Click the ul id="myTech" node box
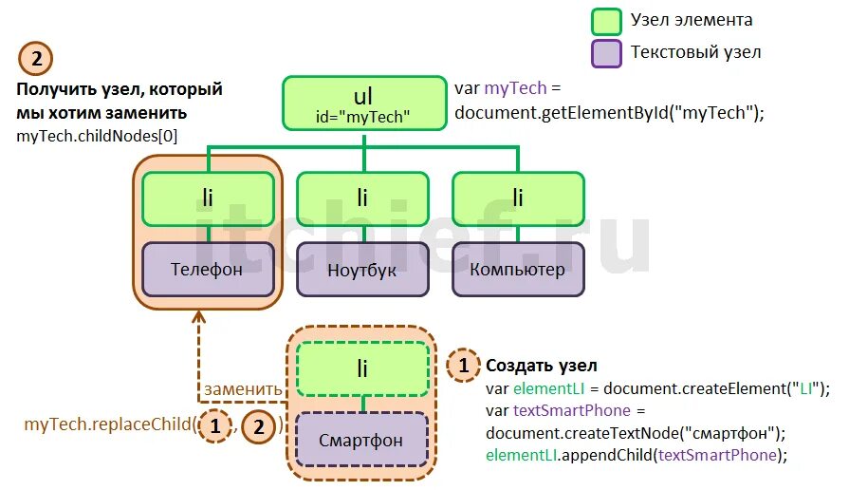[x=363, y=103]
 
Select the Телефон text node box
[x=208, y=269]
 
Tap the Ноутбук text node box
[x=361, y=269]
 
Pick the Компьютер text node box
[x=517, y=269]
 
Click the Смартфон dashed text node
[x=360, y=440]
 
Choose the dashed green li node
[x=361, y=368]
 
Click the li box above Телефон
[x=208, y=198]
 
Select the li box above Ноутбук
[x=361, y=198]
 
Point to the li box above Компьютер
[x=517, y=198]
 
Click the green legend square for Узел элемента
[x=605, y=21]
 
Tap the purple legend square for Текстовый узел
[x=605, y=52]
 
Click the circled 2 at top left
[x=36, y=59]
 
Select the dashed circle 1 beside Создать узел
[x=463, y=365]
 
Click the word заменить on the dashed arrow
[x=243, y=388]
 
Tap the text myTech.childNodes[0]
[x=97, y=137]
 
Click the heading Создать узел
[x=542, y=366]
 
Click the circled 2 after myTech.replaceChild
[x=258, y=426]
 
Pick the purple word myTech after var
[x=515, y=88]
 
